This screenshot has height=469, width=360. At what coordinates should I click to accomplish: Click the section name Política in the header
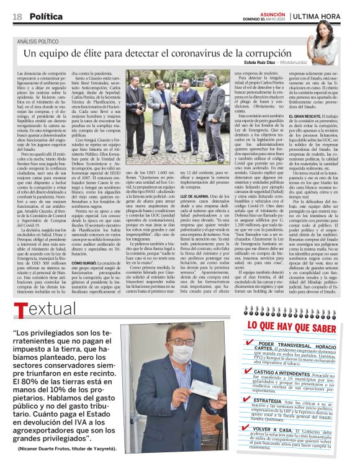pyautogui.click(x=47, y=16)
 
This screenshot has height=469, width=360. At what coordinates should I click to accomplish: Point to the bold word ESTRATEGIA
pyautogui.click(x=272, y=401)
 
